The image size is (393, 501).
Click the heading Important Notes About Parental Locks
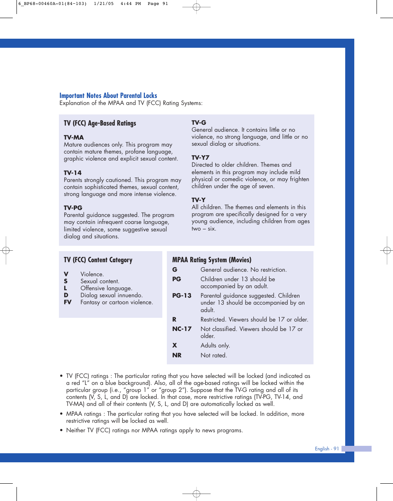coord(108,96)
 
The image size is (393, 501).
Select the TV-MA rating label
coord(74,137)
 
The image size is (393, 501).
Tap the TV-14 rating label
coord(73,173)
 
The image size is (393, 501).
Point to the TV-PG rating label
coord(73,208)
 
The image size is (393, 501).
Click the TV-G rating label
coord(199,123)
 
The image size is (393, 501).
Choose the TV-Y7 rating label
coord(200,158)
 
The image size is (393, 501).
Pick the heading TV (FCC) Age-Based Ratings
coord(100,123)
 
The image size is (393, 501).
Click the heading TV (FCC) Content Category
coord(98,260)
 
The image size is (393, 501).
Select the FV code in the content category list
coord(68,302)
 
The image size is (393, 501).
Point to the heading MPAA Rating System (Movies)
coord(212,260)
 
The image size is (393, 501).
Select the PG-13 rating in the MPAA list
coord(182,296)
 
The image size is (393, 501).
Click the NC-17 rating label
coord(182,329)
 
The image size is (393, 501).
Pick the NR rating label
coord(177,355)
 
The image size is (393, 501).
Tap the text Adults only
coord(215,345)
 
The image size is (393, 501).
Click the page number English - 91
coord(327,449)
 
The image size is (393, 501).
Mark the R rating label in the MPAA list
coord(174,319)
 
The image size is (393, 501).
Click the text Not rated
coord(213,355)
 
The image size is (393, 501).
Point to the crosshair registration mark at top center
coord(196,7)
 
